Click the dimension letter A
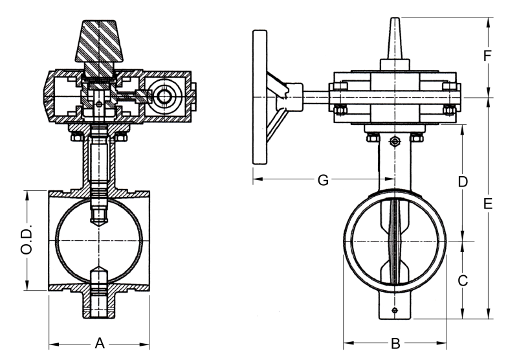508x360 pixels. (x=100, y=343)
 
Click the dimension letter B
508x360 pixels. (x=395, y=343)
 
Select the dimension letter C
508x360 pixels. (x=463, y=280)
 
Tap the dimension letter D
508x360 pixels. (x=463, y=182)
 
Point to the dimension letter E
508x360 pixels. (x=489, y=204)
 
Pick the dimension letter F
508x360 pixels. (x=489, y=56)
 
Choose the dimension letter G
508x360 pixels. (x=323, y=179)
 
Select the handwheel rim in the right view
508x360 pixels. (x=260, y=97)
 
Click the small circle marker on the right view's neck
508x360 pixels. (x=394, y=142)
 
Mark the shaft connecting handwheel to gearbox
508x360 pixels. (x=317, y=97)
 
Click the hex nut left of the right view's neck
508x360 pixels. (x=372, y=137)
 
